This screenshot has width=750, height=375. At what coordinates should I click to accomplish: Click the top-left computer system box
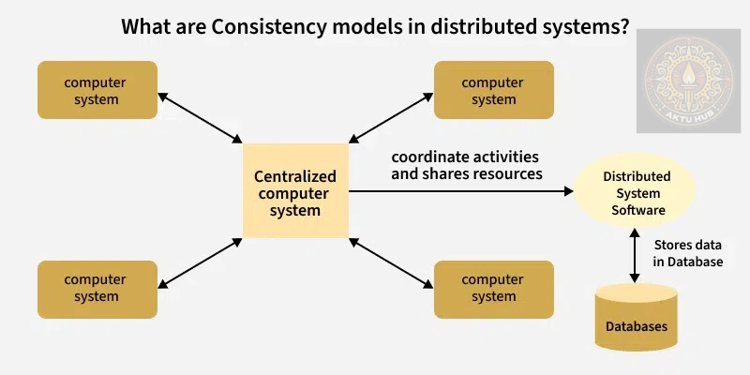[x=96, y=90]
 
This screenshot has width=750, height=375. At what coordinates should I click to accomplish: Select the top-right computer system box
[x=494, y=90]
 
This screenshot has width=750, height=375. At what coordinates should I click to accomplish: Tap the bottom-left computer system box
[x=96, y=288]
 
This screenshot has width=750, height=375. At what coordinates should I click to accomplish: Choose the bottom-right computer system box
[x=494, y=288]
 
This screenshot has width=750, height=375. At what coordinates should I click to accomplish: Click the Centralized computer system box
[x=294, y=190]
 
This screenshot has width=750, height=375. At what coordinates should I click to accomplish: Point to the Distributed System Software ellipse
[x=637, y=192]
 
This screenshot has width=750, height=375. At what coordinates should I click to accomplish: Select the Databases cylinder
[x=637, y=319]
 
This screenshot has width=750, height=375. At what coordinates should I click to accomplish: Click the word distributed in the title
[x=470, y=26]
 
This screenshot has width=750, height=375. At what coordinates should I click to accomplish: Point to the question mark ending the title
[x=623, y=26]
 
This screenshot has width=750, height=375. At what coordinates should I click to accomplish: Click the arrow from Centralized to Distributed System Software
[x=459, y=191]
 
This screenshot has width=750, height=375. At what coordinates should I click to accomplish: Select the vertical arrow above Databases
[x=637, y=255]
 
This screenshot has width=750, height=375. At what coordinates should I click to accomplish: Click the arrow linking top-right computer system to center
[x=389, y=118]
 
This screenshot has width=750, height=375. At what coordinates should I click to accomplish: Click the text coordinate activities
[x=464, y=157]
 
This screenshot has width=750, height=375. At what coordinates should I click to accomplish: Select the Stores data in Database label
[x=687, y=253]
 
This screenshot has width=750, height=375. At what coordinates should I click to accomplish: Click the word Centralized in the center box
[x=294, y=176]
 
